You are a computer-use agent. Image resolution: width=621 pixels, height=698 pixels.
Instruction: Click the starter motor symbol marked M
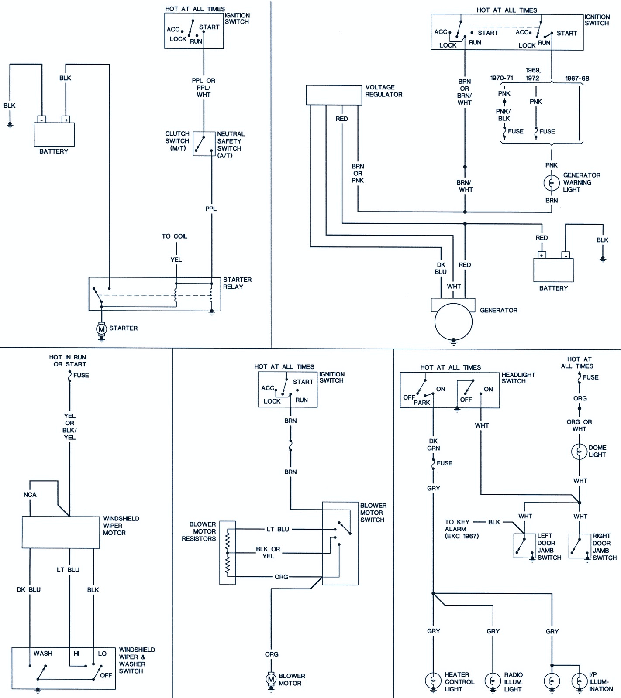[101, 328]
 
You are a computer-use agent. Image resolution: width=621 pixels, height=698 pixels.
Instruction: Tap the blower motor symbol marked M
[271, 679]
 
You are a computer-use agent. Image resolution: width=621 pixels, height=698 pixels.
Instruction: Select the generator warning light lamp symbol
[551, 182]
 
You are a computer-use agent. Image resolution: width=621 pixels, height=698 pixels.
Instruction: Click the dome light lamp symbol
[579, 452]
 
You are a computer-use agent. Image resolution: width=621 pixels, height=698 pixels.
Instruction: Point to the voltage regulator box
[334, 95]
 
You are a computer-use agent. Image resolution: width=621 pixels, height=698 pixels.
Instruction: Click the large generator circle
[453, 322]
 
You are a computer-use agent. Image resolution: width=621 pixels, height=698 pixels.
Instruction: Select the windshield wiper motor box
[61, 532]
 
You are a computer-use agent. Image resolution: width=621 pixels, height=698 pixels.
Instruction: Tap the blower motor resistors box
[227, 552]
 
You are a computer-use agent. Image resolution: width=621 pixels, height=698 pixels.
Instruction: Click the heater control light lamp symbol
[433, 681]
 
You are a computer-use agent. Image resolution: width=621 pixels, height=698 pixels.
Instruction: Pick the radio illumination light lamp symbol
[493, 681]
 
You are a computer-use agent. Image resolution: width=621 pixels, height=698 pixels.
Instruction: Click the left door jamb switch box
[524, 546]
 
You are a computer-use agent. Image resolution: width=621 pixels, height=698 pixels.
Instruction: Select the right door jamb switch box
[580, 546]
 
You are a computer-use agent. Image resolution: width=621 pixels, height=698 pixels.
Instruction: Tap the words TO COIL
[174, 236]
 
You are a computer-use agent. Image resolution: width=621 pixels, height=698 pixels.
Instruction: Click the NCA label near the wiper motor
[30, 495]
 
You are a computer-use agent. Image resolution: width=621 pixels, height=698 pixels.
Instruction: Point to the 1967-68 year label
[577, 79]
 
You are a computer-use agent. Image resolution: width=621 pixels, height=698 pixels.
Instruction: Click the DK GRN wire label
[433, 445]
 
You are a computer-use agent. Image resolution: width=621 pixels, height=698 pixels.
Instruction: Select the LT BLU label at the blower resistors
[278, 529]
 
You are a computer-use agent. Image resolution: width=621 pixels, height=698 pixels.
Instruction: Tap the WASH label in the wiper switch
[43, 653]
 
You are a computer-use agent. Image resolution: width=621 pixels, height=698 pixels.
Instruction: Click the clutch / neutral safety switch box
[204, 144]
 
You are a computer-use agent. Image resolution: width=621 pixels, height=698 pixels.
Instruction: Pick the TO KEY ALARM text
[457, 528]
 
